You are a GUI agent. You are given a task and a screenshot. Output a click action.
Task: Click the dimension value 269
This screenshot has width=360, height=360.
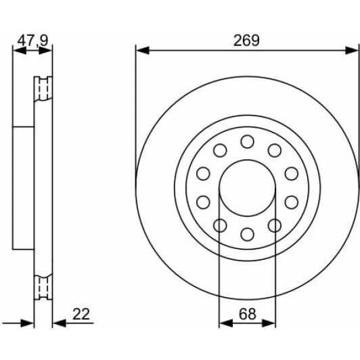pos(246,41)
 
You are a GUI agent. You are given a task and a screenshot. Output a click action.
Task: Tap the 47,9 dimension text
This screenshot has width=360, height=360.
pos(33,41)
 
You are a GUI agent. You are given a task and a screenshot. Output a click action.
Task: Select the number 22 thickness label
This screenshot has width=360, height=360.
pos(81,314)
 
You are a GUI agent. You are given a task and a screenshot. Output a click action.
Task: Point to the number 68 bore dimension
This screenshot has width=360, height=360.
pos(247,314)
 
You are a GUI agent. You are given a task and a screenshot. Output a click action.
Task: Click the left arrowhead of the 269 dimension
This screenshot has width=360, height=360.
pos(142,50)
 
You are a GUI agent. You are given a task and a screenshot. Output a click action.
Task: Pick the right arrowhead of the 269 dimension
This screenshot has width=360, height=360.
pos(351,50)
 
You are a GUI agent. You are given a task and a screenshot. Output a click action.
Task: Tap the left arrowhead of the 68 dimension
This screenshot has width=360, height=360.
pos(226,323)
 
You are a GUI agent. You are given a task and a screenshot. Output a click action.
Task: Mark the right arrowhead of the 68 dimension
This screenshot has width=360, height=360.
pos(269,323)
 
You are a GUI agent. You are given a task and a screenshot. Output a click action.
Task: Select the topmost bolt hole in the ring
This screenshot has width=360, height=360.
pos(247,141)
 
